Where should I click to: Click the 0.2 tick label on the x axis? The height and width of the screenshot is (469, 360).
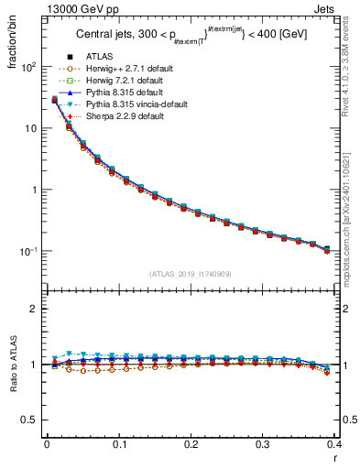coord(191,445)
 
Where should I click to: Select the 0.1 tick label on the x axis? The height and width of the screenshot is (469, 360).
coord(118,445)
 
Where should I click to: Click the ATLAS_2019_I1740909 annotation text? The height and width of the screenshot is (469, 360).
coord(191,274)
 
